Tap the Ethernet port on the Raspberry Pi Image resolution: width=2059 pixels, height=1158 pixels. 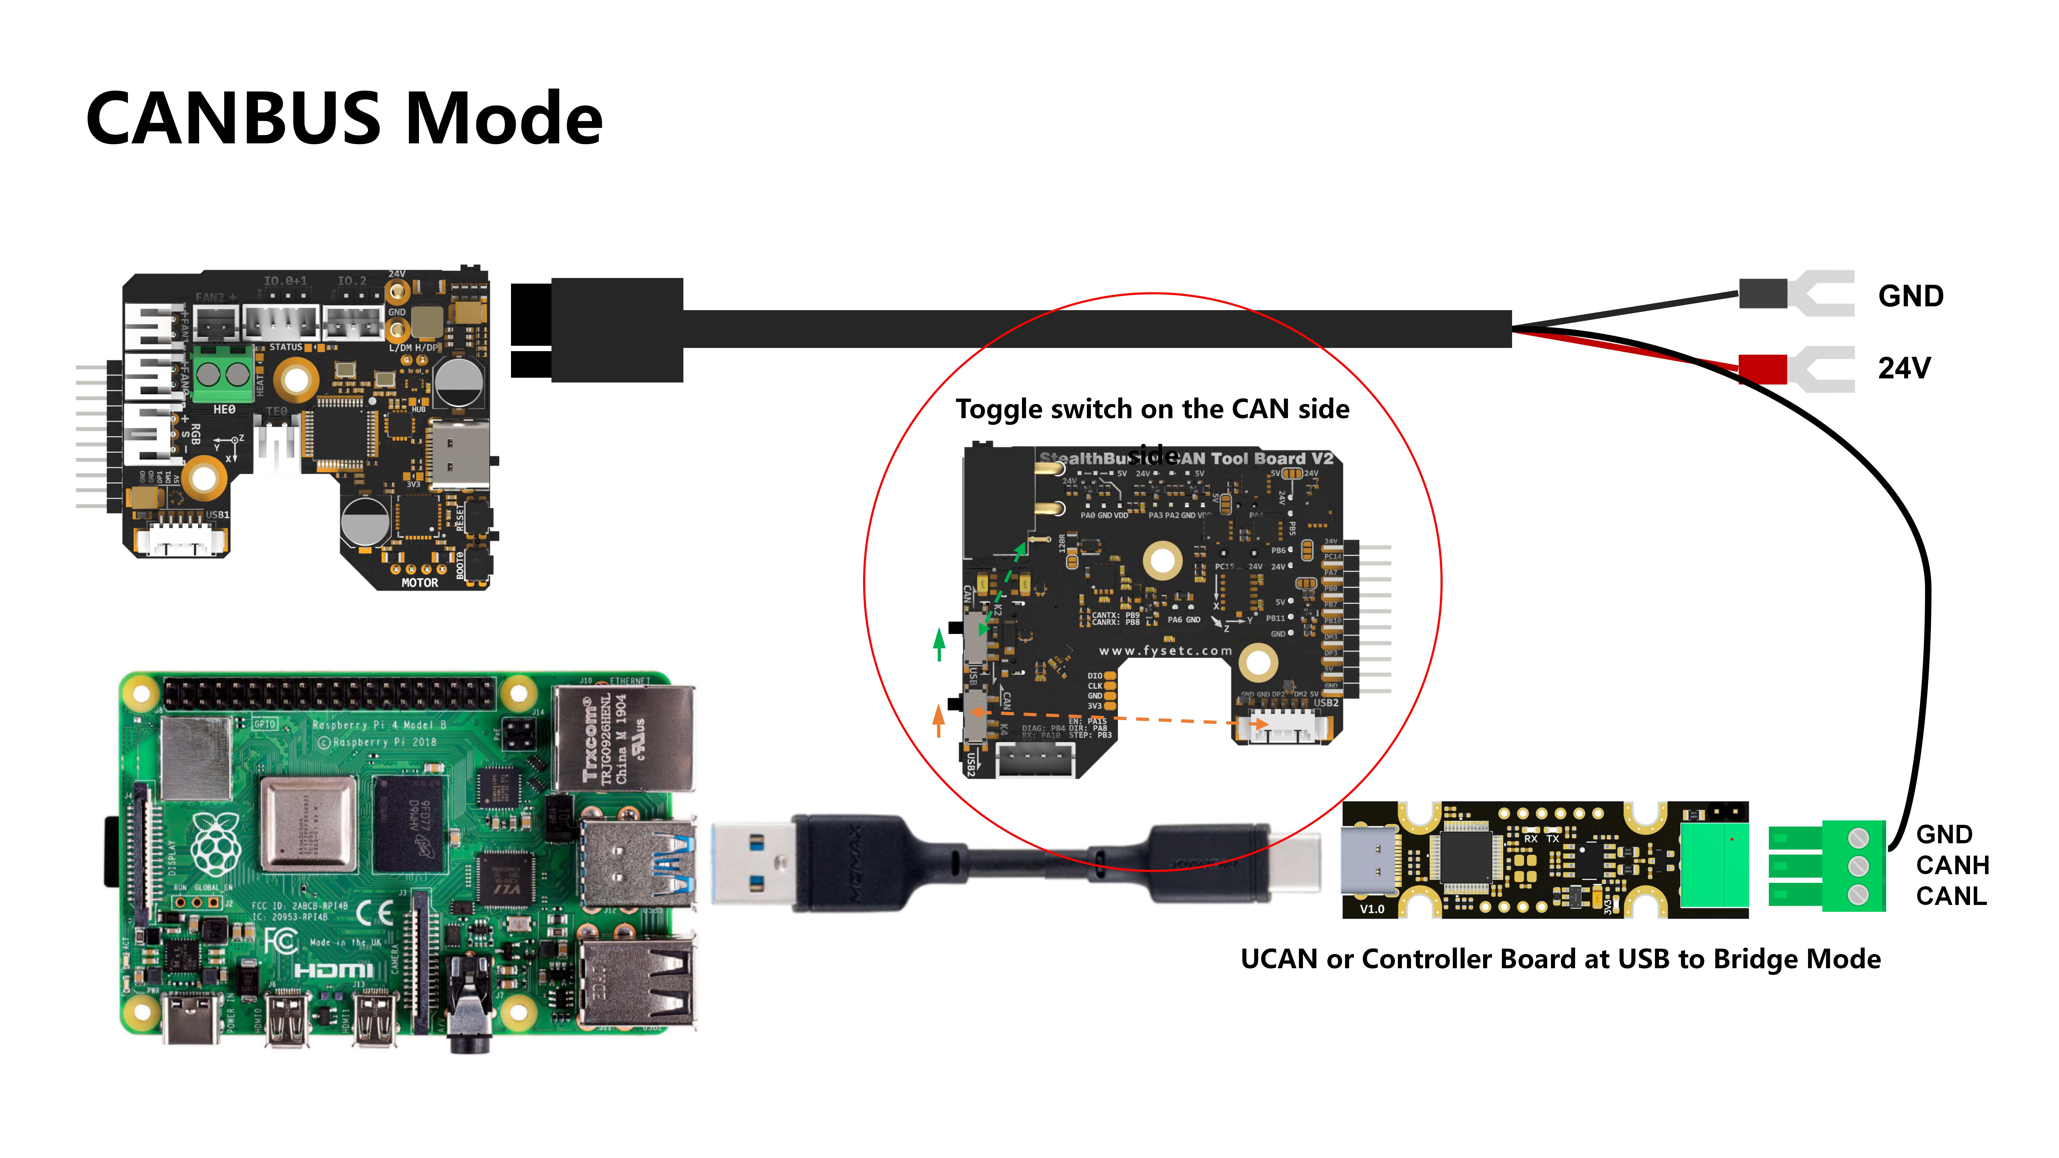pyautogui.click(x=623, y=739)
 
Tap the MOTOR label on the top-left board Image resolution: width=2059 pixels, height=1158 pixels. pyautogui.click(x=420, y=582)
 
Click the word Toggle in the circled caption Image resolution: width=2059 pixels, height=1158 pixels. pyautogui.click(x=999, y=409)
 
